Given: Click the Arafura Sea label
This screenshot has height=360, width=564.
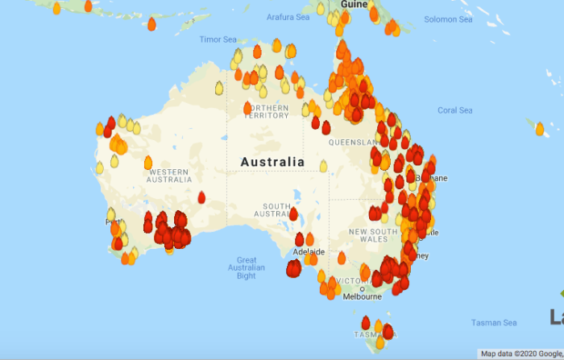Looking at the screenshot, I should pyautogui.click(x=288, y=17).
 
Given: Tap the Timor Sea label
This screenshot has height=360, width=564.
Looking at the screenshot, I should pyautogui.click(x=218, y=39).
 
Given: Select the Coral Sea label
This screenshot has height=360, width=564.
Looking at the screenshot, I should pyautogui.click(x=454, y=110).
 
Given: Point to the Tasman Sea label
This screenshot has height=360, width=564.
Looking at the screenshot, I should pyautogui.click(x=495, y=323).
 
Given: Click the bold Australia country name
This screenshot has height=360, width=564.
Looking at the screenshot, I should pyautogui.click(x=272, y=162).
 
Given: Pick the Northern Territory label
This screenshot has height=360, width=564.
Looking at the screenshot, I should pyautogui.click(x=267, y=111).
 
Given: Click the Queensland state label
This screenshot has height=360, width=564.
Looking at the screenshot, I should pyautogui.click(x=352, y=142).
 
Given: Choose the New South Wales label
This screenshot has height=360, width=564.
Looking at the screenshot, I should pyautogui.click(x=373, y=236).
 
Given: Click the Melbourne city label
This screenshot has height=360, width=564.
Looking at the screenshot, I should pyautogui.click(x=362, y=296).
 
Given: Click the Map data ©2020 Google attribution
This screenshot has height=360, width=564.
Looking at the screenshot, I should pyautogui.click(x=519, y=354).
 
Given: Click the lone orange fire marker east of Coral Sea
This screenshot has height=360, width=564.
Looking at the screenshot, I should pyautogui.click(x=539, y=128).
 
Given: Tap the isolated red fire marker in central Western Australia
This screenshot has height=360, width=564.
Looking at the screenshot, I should pyautogui.click(x=201, y=196).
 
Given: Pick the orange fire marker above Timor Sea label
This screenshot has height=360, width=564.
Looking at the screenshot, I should pyautogui.click(x=151, y=23).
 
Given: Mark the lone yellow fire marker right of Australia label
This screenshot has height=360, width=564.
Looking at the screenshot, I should pyautogui.click(x=323, y=166).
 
